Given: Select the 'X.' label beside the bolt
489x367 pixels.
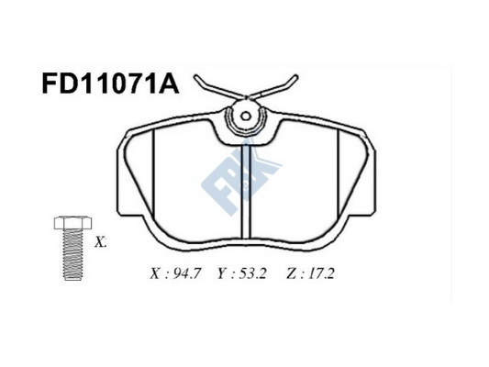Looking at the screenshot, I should [x=101, y=243].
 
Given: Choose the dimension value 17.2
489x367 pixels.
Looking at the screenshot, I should [x=321, y=273].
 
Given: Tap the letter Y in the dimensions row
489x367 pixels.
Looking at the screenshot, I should [x=222, y=273].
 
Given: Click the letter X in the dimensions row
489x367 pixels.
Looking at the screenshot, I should [x=153, y=273].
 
